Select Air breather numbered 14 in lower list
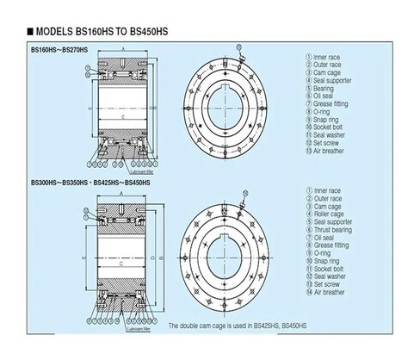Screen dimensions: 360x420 tap(330, 292)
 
